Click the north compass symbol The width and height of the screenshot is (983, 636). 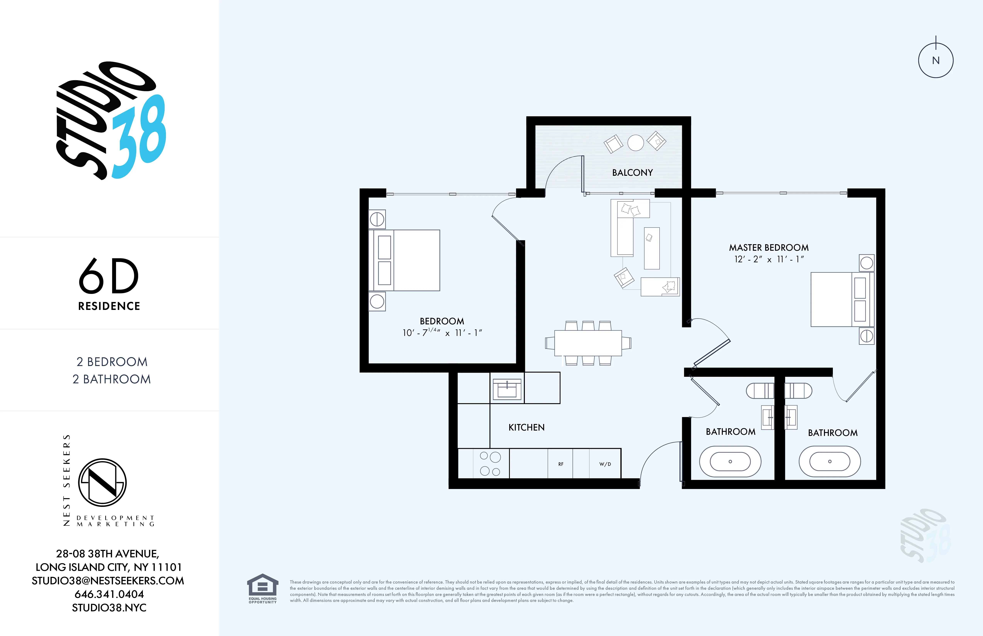936,60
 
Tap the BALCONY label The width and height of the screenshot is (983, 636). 632,173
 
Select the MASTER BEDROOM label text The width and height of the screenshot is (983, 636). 769,247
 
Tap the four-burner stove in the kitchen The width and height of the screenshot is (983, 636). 490,464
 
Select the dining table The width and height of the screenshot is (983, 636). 588,343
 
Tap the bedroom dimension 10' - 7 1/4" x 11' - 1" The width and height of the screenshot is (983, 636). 442,332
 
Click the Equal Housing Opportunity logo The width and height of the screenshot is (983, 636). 263,589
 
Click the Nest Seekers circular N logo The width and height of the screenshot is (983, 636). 102,482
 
